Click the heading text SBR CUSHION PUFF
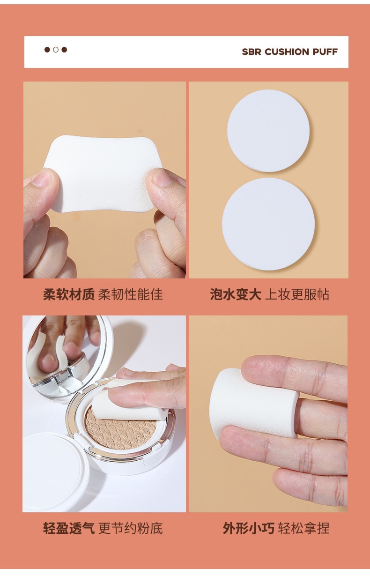tap(289, 52)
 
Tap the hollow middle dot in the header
tap(56, 50)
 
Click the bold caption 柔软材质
tap(69, 294)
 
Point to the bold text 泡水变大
tap(236, 294)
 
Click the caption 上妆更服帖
tap(297, 294)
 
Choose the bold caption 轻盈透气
tap(69, 529)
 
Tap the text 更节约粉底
tap(131, 529)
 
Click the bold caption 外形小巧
tap(248, 529)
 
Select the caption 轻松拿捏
tap(304, 529)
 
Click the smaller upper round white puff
tap(268, 130)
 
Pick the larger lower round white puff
tap(268, 224)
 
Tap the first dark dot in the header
tap(47, 50)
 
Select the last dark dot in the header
tap(64, 50)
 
